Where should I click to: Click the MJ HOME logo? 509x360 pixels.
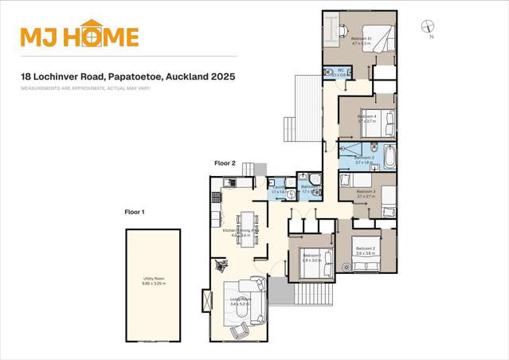(x=80, y=36)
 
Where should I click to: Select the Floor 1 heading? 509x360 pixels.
(x=135, y=212)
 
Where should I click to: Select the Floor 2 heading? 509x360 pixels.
(x=225, y=162)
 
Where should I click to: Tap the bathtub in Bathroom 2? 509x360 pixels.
(x=389, y=156)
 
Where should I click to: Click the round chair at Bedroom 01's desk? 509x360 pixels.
(x=343, y=29)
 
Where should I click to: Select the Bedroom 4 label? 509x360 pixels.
(x=366, y=116)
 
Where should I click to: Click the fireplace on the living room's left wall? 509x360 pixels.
(x=209, y=300)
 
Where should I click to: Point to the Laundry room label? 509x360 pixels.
(x=278, y=188)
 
